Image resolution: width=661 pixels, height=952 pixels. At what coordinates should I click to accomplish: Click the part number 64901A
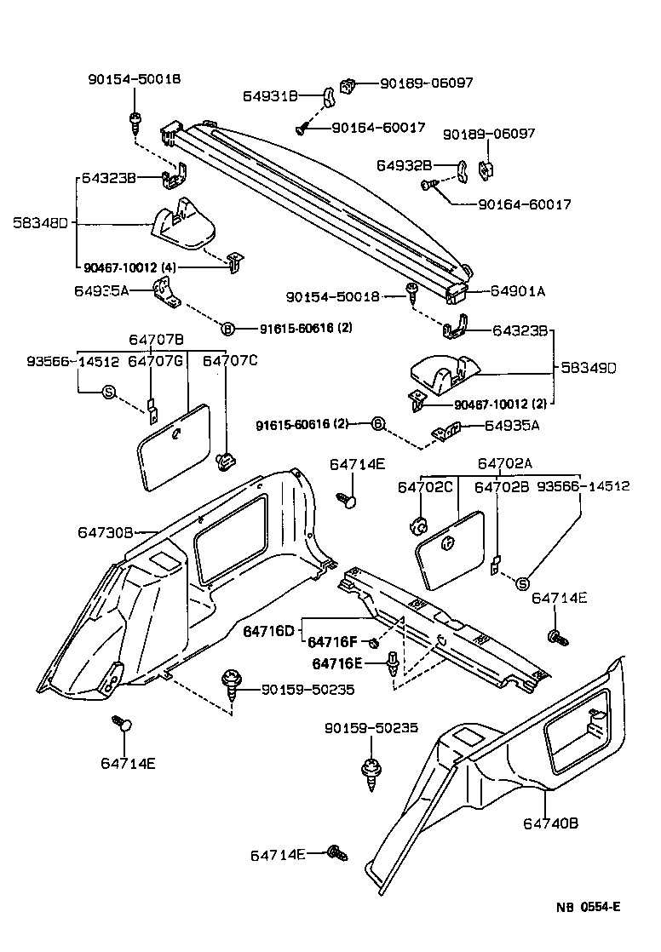pos(517,291)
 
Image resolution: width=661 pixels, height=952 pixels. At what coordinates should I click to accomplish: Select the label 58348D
pos(40,224)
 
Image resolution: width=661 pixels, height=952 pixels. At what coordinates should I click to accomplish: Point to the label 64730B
pos(106,532)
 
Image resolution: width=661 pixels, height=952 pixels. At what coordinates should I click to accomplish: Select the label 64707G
pos(156,362)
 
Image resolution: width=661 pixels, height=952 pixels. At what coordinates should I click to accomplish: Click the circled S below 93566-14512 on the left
pos(108,392)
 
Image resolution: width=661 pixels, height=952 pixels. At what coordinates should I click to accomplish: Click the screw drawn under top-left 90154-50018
pos(135,122)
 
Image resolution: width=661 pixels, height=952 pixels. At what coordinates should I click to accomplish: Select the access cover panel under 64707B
pos(174,445)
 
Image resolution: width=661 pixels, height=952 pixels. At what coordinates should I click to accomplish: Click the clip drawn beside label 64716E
pos(392,664)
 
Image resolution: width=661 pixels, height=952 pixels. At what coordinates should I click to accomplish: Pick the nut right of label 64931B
pos(347,86)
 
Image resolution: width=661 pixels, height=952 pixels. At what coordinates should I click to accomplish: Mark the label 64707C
pos(229,362)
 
